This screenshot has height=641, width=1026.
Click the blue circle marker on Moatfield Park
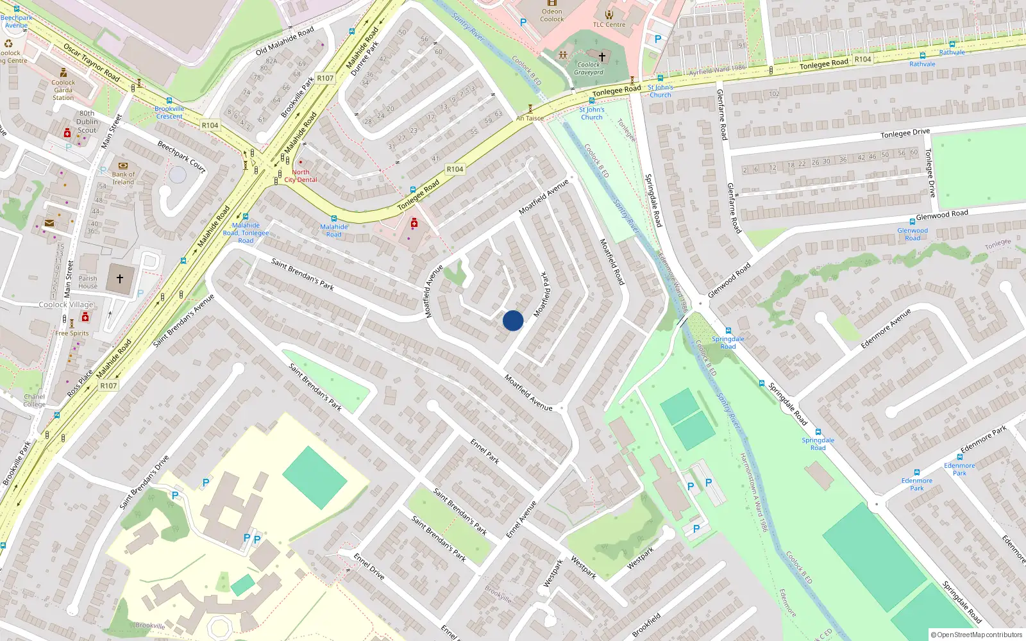click(x=513, y=320)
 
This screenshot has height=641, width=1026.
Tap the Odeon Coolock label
click(x=551, y=15)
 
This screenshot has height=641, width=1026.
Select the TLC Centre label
click(x=609, y=25)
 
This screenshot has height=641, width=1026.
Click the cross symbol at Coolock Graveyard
click(x=602, y=56)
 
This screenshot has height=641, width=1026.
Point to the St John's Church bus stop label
click(x=660, y=91)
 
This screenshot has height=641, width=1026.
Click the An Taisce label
click(x=530, y=118)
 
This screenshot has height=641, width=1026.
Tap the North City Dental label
click(x=301, y=176)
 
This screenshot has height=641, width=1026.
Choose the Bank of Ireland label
click(x=123, y=178)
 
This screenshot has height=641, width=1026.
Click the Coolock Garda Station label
click(x=63, y=90)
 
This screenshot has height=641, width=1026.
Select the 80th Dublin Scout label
click(x=87, y=122)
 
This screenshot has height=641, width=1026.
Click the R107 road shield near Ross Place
click(x=108, y=385)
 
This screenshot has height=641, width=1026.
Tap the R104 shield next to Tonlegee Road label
click(x=862, y=59)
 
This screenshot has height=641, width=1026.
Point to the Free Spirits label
click(x=72, y=333)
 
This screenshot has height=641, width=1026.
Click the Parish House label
click(x=88, y=282)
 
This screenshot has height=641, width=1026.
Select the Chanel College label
click(x=34, y=401)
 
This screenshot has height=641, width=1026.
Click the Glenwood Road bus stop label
click(x=912, y=234)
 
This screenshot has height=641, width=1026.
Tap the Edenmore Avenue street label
click(x=886, y=329)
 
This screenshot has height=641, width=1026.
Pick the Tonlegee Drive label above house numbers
click(x=905, y=133)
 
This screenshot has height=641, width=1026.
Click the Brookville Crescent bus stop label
click(x=169, y=112)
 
